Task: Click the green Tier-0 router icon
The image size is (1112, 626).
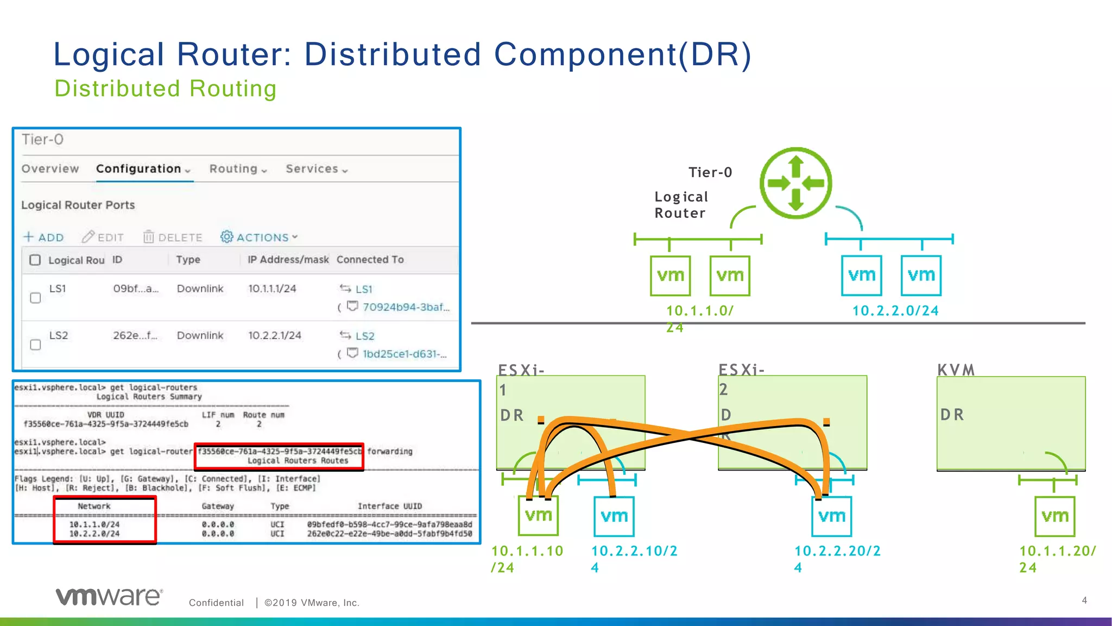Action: tap(795, 183)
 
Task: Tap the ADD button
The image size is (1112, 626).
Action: tap(44, 237)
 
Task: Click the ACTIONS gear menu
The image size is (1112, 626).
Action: tap(258, 237)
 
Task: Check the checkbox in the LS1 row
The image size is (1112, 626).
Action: tap(35, 298)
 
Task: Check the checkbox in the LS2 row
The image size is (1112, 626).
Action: tap(35, 345)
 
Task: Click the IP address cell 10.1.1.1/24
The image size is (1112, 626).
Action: tap(272, 289)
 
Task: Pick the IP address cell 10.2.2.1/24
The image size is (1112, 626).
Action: tap(274, 335)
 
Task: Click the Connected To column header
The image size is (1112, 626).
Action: tap(370, 260)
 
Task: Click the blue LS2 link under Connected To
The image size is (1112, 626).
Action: tap(364, 336)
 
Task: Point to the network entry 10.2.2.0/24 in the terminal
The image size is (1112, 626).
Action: tap(94, 534)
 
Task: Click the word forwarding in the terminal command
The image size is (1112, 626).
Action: tap(389, 452)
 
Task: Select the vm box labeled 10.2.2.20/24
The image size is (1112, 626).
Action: tap(831, 516)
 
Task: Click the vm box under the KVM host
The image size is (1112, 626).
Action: tap(1054, 516)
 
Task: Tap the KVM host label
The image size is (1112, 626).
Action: tap(956, 370)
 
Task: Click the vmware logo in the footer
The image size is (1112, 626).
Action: tap(109, 597)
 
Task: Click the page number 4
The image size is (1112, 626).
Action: tap(1084, 600)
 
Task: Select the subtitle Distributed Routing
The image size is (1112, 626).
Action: tap(166, 89)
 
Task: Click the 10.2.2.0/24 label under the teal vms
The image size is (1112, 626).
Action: tap(895, 311)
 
